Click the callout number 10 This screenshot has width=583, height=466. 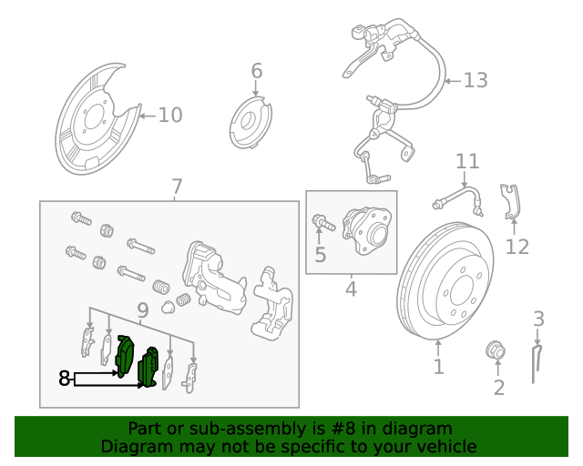coord(170,115)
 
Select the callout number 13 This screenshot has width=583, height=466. coord(476,81)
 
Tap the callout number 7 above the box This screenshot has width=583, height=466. coord(177,187)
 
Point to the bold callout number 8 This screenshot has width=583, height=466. coord(65,378)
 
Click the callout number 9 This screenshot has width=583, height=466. coord(143,311)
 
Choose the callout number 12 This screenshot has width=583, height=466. coord(517,247)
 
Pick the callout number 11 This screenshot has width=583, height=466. coord(467,162)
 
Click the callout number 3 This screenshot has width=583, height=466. coord(538,319)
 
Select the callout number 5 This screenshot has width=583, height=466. coord(320,255)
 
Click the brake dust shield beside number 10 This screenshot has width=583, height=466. coord(96,118)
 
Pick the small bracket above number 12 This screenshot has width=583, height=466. coord(511,201)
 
